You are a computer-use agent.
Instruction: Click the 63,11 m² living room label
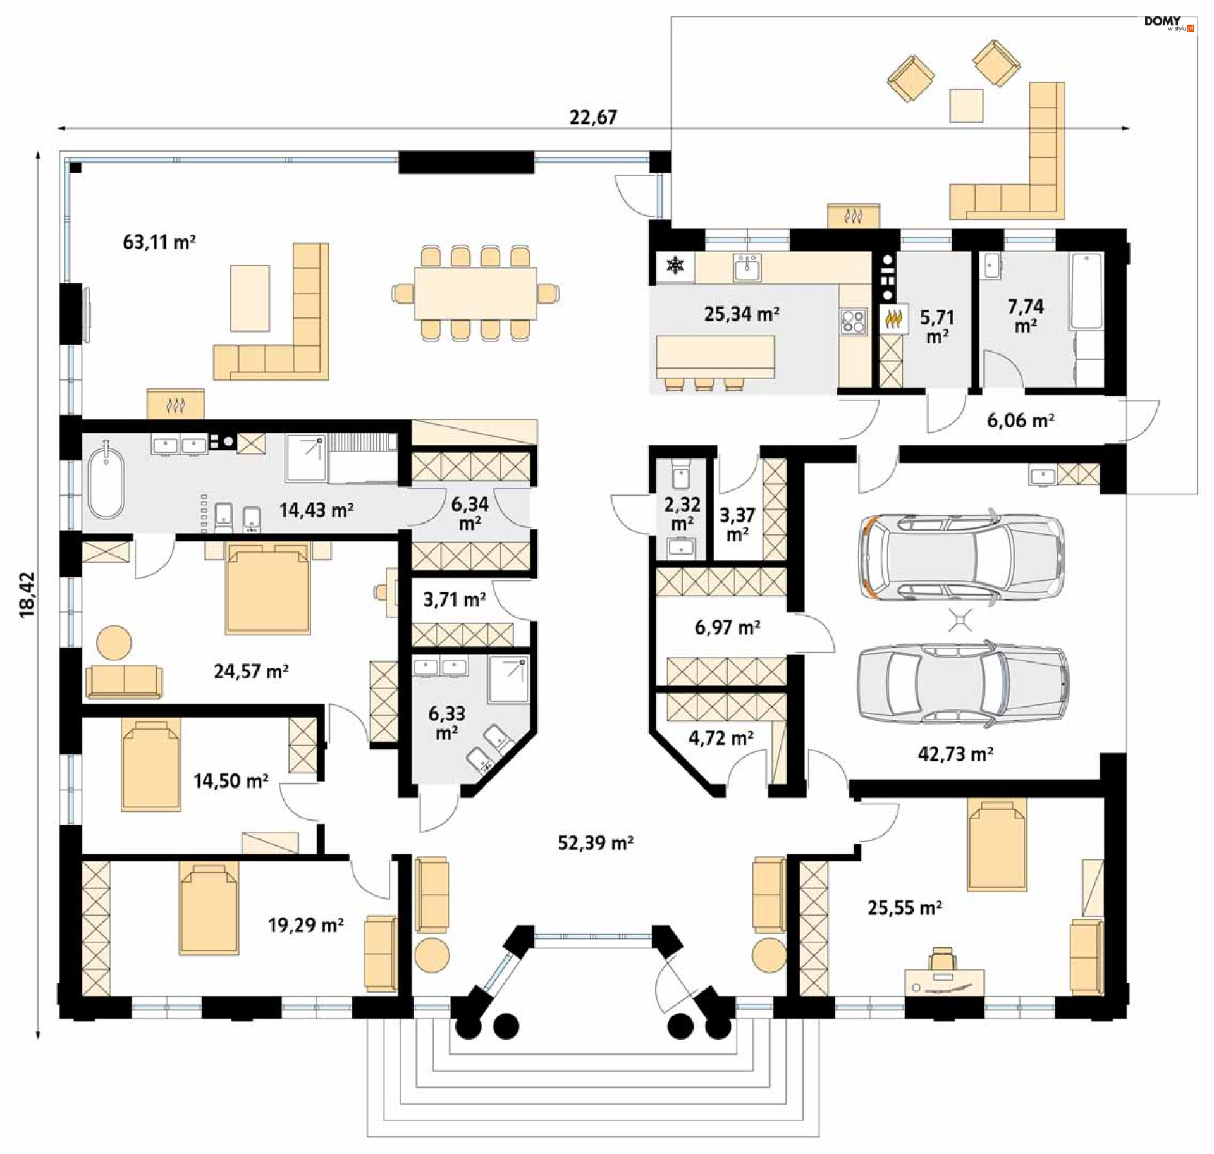click(x=159, y=242)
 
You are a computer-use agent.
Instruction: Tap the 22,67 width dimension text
click(x=593, y=117)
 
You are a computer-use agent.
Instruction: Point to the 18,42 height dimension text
click(x=27, y=594)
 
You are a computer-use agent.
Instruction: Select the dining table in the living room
click(x=475, y=293)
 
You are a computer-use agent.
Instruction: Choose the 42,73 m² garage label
click(x=955, y=754)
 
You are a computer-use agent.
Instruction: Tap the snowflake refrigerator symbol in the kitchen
click(x=675, y=266)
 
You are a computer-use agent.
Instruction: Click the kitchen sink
click(x=747, y=267)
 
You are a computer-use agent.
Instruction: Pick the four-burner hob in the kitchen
click(x=853, y=321)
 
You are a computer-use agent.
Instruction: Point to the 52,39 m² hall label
click(x=595, y=842)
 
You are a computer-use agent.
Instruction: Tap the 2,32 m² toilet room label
click(x=682, y=513)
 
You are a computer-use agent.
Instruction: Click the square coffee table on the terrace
click(x=966, y=106)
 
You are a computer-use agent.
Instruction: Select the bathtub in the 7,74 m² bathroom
click(x=1086, y=292)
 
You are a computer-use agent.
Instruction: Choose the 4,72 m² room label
click(x=721, y=737)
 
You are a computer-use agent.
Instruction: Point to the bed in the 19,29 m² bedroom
click(x=209, y=909)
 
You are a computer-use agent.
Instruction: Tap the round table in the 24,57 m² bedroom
click(x=114, y=643)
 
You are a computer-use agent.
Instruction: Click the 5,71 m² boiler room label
click(x=937, y=326)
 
